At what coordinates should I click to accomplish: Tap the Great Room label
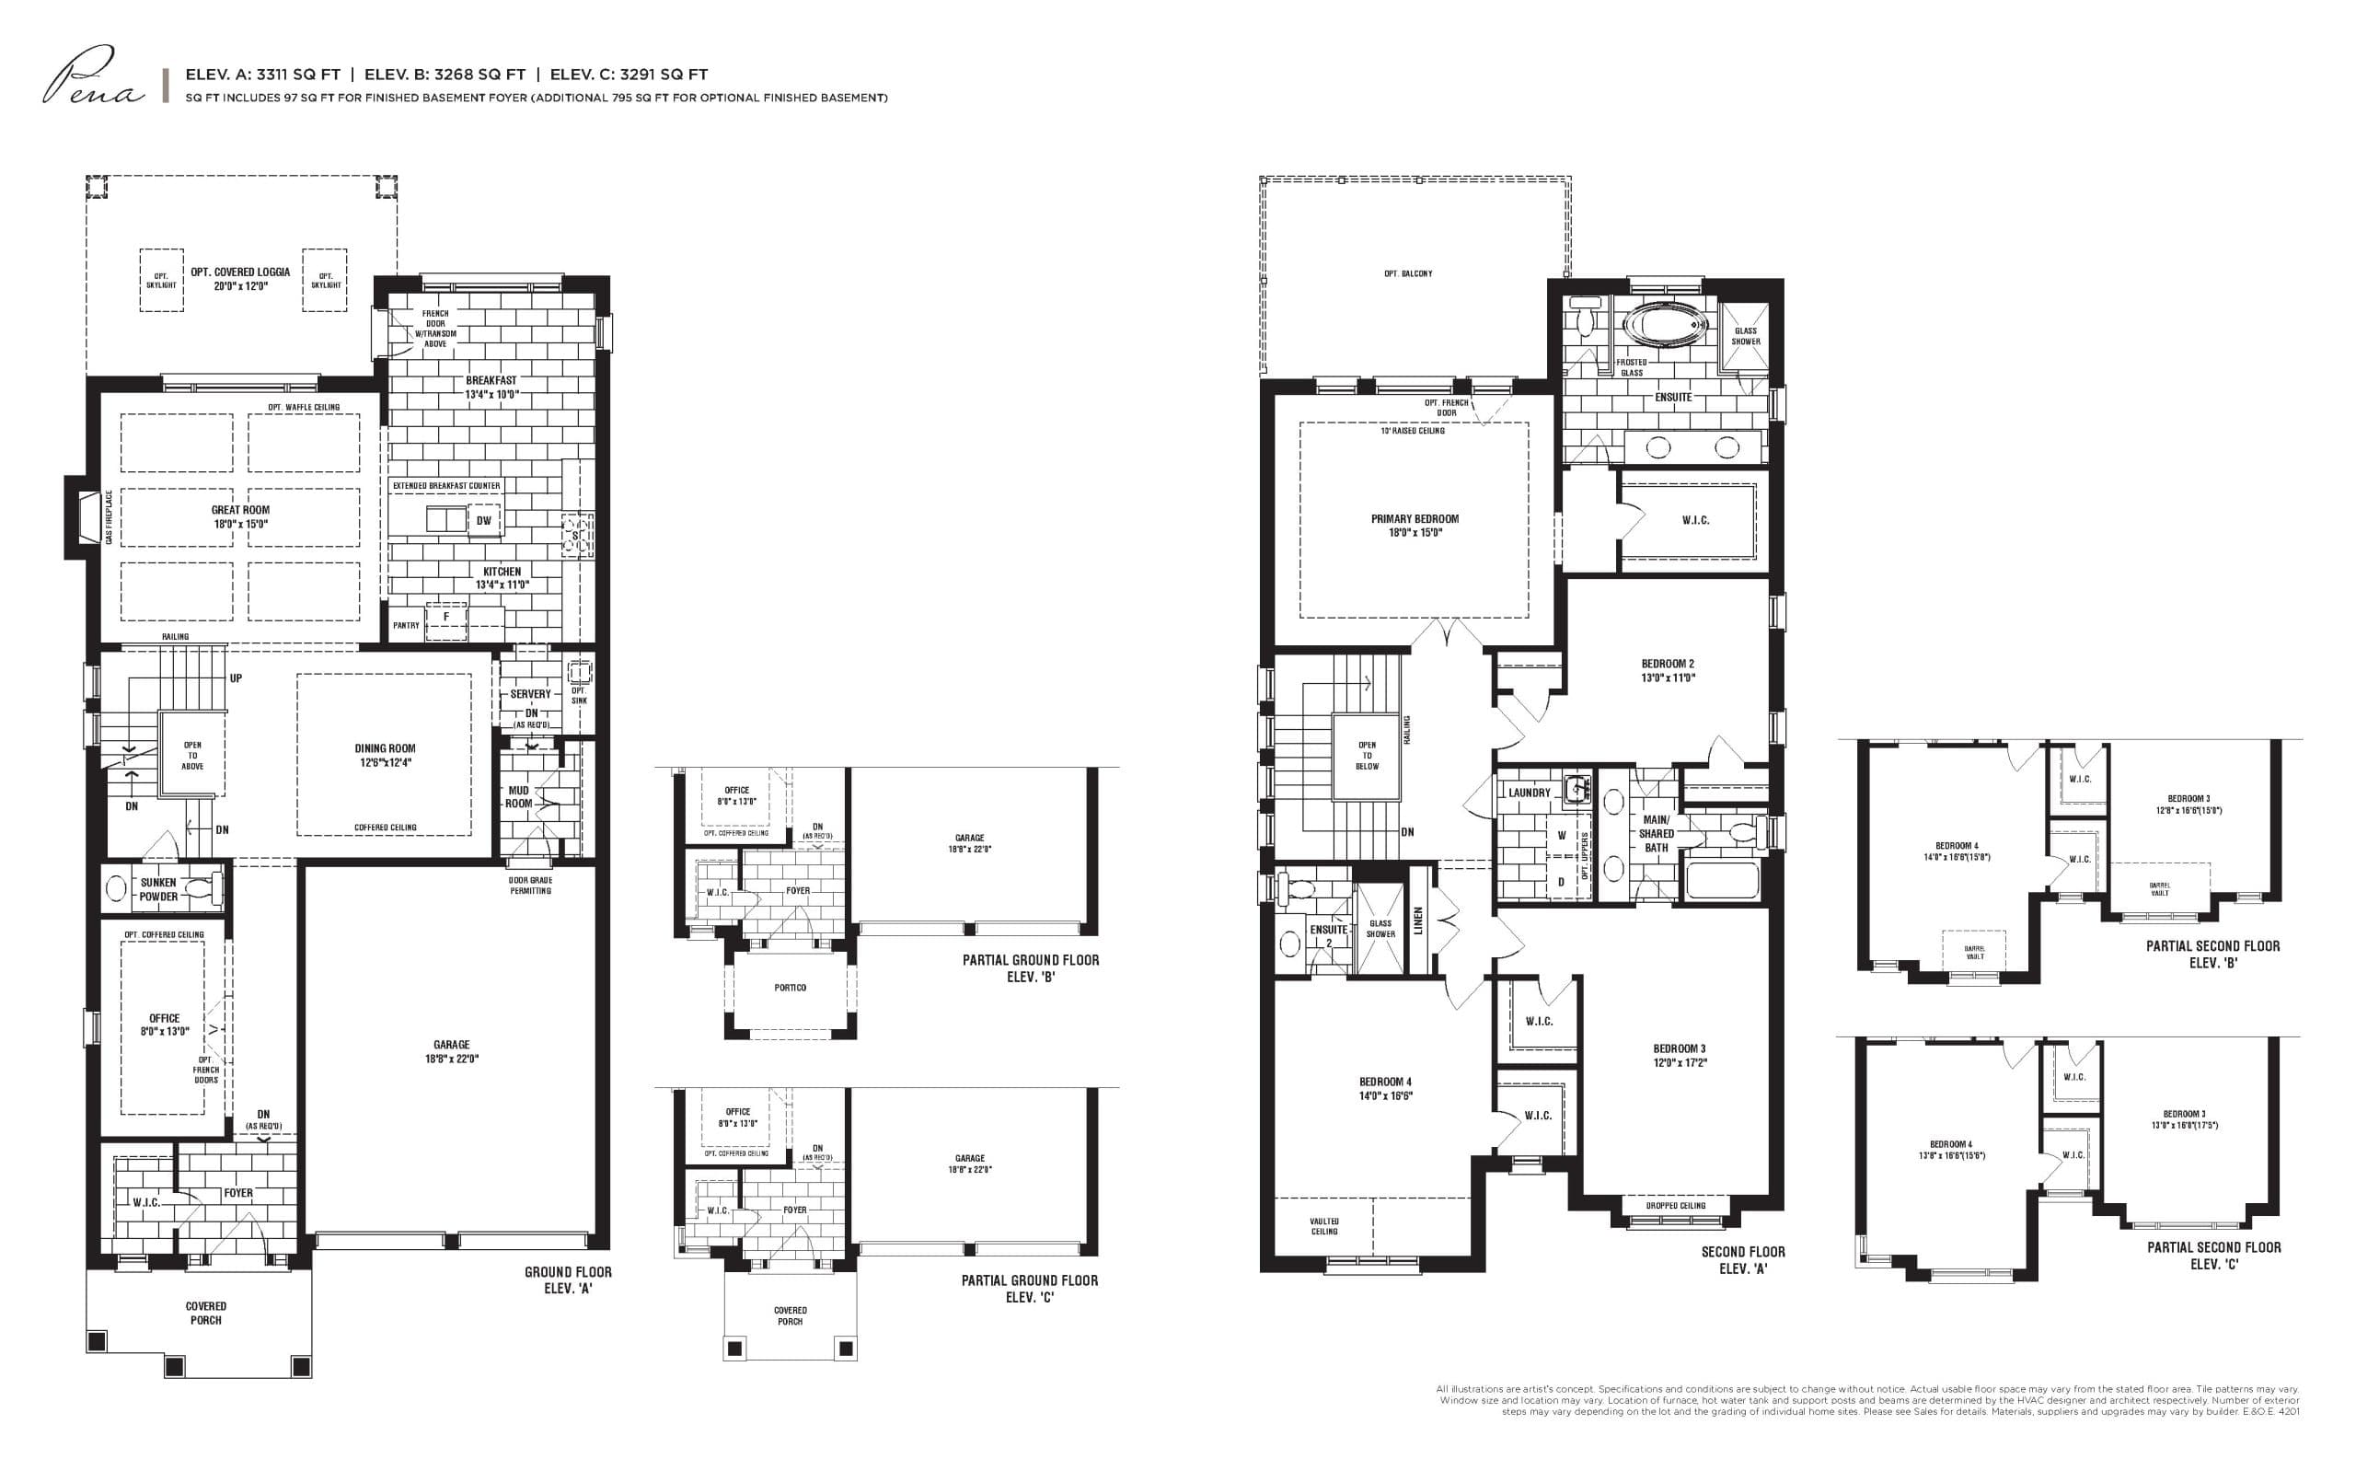(x=240, y=516)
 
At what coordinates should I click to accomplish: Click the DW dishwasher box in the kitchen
(x=483, y=521)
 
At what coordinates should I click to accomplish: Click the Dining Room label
(x=384, y=755)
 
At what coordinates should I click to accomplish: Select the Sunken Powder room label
(x=158, y=888)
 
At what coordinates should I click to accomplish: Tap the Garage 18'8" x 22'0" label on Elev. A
(x=451, y=1051)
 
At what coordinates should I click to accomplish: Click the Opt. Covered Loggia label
(x=240, y=279)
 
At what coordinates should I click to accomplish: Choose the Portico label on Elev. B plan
(x=790, y=987)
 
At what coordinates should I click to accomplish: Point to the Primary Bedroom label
(x=1415, y=525)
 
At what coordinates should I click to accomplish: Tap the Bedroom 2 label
(x=1667, y=670)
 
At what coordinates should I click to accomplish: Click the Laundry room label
(x=1530, y=793)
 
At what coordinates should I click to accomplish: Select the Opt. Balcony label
(x=1408, y=274)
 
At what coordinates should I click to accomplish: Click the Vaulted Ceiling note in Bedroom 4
(x=1323, y=1225)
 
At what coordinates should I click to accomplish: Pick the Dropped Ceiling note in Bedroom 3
(x=1675, y=1205)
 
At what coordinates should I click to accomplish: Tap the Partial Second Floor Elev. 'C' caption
(x=2213, y=1255)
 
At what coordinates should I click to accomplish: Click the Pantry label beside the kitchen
(x=406, y=625)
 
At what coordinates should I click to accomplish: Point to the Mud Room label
(x=518, y=796)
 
